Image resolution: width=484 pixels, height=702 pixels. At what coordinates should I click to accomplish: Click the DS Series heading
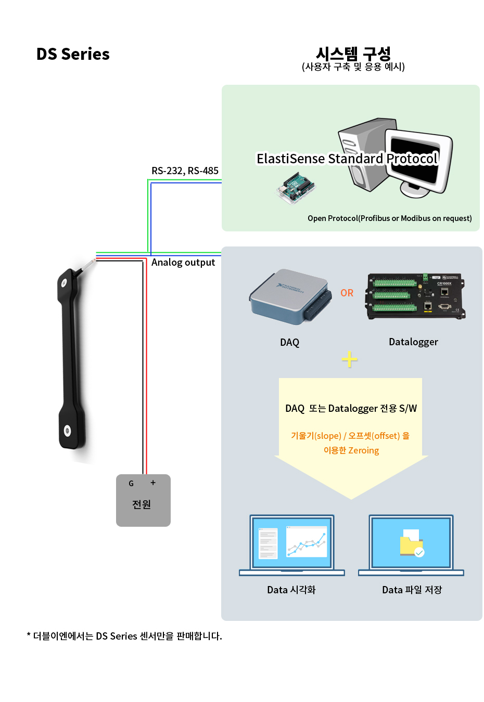coord(73,54)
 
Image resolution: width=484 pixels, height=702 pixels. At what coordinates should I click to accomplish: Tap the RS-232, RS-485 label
coord(185,171)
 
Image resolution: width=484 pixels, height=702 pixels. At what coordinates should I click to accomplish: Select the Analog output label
coord(183,262)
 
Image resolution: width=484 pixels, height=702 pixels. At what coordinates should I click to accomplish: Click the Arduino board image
coord(296,188)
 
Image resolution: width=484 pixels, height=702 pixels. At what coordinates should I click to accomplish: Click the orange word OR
coord(347,293)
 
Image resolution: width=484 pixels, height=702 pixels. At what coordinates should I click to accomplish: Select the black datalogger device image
coord(415,295)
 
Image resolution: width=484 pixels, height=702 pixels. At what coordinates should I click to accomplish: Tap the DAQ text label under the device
coord(290,342)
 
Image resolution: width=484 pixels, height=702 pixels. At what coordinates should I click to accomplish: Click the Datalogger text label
coord(413,342)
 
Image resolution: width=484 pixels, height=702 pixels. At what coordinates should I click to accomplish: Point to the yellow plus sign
coord(350,359)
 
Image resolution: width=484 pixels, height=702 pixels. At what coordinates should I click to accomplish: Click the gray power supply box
coord(143,500)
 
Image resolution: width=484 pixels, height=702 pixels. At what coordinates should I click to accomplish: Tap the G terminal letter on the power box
coord(131,483)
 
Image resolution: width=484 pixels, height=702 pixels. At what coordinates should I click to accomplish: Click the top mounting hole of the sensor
coord(65,283)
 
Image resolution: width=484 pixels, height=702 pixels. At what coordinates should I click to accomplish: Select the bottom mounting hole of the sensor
coord(67,430)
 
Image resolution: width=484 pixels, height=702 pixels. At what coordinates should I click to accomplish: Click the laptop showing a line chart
coord(292,544)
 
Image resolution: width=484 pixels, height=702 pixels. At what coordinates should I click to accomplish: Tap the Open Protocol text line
coord(389,218)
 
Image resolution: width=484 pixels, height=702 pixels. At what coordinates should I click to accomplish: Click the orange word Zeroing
coord(363,450)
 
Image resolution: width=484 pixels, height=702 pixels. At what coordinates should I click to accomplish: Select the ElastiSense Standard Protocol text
coord(347,159)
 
